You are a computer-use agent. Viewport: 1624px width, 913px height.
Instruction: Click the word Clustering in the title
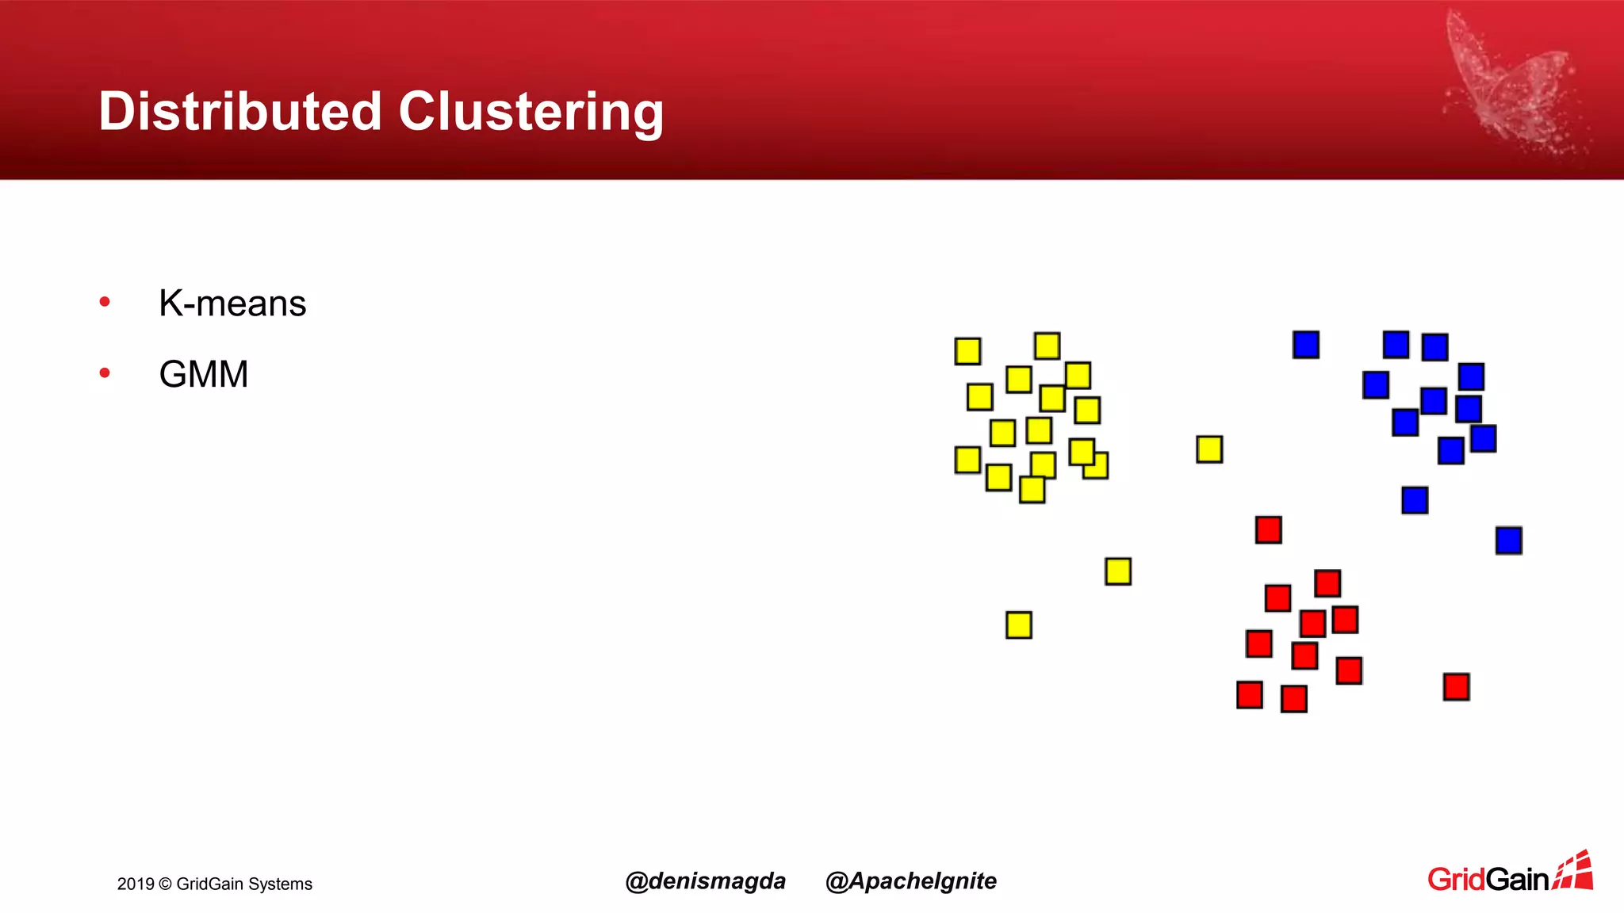(530, 111)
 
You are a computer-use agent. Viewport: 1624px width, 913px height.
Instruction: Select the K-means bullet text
(232, 304)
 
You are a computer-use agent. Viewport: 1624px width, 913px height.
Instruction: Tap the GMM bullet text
(204, 374)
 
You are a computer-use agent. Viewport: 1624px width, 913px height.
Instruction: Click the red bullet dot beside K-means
(105, 302)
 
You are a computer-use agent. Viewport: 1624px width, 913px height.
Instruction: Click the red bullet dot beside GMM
(105, 372)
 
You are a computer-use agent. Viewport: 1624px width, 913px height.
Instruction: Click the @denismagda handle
(705, 881)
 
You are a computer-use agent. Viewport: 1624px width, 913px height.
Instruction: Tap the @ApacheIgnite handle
(911, 881)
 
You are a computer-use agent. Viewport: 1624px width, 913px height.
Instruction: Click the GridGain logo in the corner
(1510, 874)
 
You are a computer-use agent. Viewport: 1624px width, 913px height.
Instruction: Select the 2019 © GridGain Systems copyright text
(215, 884)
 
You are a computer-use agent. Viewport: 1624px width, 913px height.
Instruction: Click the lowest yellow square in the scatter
(1019, 625)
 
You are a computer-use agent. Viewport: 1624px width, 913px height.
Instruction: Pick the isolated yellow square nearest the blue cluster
(1209, 449)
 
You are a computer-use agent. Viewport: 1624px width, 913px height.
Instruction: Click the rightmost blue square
(1509, 541)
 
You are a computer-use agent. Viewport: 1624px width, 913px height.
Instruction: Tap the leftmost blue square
(1306, 345)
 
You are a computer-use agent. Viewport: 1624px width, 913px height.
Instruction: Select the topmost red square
(1269, 529)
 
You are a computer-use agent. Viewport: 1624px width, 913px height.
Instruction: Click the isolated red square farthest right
(1457, 686)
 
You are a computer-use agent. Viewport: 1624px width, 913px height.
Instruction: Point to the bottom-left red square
(1250, 695)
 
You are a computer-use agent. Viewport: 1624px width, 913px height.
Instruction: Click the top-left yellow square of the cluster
(967, 351)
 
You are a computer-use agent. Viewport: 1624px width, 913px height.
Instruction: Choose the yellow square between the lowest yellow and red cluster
(1118, 571)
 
